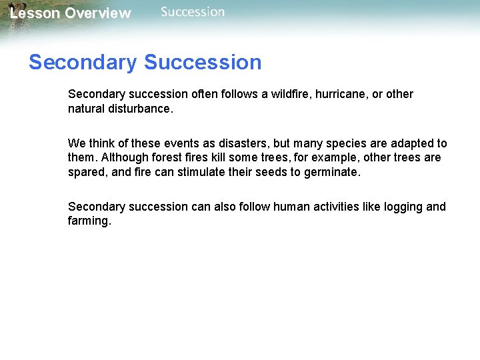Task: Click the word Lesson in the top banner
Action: point(35,13)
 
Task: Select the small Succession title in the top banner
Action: point(193,12)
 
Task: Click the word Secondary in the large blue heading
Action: point(83,63)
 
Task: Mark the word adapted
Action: point(409,143)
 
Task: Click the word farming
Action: point(89,221)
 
